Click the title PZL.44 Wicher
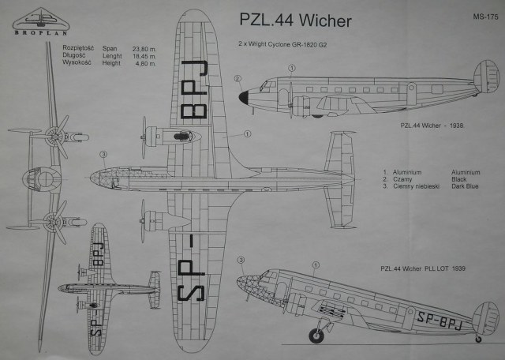click(294, 21)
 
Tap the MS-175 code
click(483, 14)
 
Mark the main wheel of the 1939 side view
click(316, 336)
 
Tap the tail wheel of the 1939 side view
click(477, 339)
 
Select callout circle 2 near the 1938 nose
click(238, 78)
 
